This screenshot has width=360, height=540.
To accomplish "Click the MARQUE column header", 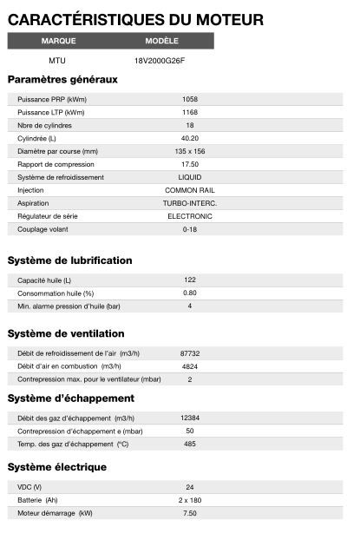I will click(x=58, y=41).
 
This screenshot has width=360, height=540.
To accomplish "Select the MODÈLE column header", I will click(x=162, y=41).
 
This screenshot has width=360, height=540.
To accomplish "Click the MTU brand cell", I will click(x=57, y=61).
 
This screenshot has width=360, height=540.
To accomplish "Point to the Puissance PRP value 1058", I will click(x=190, y=99).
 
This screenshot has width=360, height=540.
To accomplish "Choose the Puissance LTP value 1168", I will click(x=190, y=112).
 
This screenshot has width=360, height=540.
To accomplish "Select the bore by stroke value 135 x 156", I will click(x=190, y=151).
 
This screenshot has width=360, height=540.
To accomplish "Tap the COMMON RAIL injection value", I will click(x=190, y=190).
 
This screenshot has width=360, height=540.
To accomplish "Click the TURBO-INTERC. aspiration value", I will click(x=190, y=203).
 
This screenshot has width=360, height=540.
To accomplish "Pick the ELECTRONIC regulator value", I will click(x=190, y=216).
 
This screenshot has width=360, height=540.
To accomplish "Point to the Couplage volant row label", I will click(x=43, y=229).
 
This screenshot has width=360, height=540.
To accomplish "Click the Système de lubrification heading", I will click(x=69, y=260).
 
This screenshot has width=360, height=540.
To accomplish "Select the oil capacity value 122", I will click(x=190, y=280).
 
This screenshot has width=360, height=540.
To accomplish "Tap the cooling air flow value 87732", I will click(x=190, y=353).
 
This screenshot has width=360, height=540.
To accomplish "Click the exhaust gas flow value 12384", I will click(x=190, y=418).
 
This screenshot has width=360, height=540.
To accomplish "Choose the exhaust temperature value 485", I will click(x=190, y=444).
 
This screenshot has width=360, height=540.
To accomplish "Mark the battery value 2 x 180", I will click(x=190, y=500).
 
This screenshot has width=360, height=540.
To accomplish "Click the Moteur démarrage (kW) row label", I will click(x=55, y=513).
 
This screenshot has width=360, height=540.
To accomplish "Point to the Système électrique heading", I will click(x=56, y=467).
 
